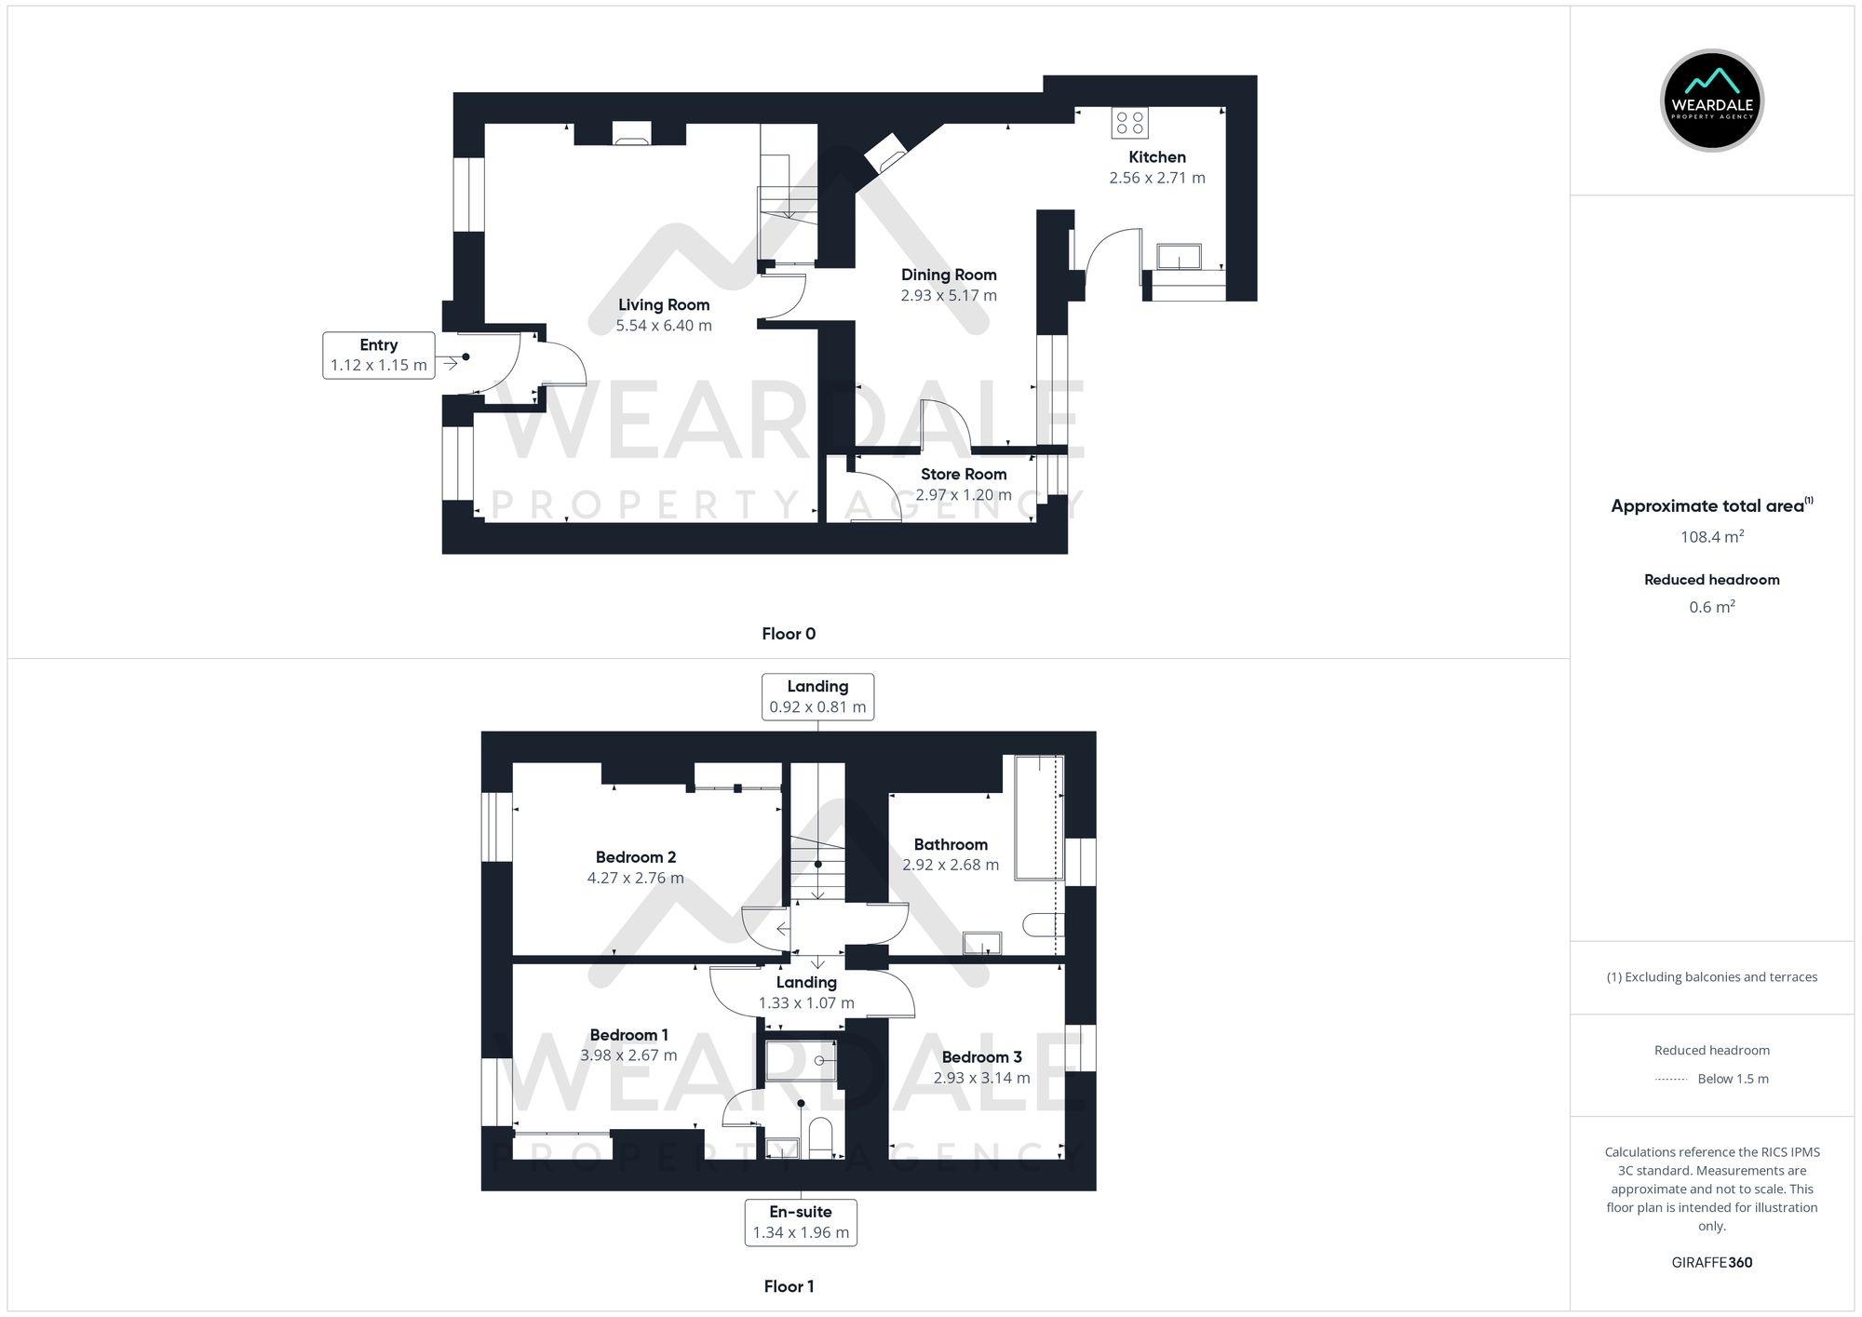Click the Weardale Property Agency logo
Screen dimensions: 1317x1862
click(1711, 101)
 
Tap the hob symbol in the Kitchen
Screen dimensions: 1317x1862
click(1129, 123)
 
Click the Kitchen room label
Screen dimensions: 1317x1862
click(1157, 157)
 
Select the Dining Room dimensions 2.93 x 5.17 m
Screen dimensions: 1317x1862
click(949, 296)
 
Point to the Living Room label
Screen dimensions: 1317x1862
click(664, 305)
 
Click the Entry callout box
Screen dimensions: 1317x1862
click(379, 356)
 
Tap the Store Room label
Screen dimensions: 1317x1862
click(964, 475)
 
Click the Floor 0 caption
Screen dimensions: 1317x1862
click(789, 634)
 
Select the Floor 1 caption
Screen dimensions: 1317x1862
click(789, 1286)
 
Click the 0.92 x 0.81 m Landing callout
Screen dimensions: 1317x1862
click(817, 697)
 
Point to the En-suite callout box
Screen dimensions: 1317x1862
click(801, 1222)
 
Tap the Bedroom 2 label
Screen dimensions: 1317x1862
click(636, 857)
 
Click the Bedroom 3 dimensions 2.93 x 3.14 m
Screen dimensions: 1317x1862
click(982, 1078)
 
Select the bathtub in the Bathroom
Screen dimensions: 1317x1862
click(1038, 817)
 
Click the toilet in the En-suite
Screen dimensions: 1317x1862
click(820, 1137)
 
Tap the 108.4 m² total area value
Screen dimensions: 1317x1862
click(1711, 537)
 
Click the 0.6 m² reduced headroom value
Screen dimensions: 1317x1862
click(1711, 607)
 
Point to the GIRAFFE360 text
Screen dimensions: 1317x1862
click(1711, 1262)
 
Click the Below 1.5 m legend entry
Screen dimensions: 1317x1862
click(1732, 1079)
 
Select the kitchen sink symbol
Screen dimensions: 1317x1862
click(1179, 257)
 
